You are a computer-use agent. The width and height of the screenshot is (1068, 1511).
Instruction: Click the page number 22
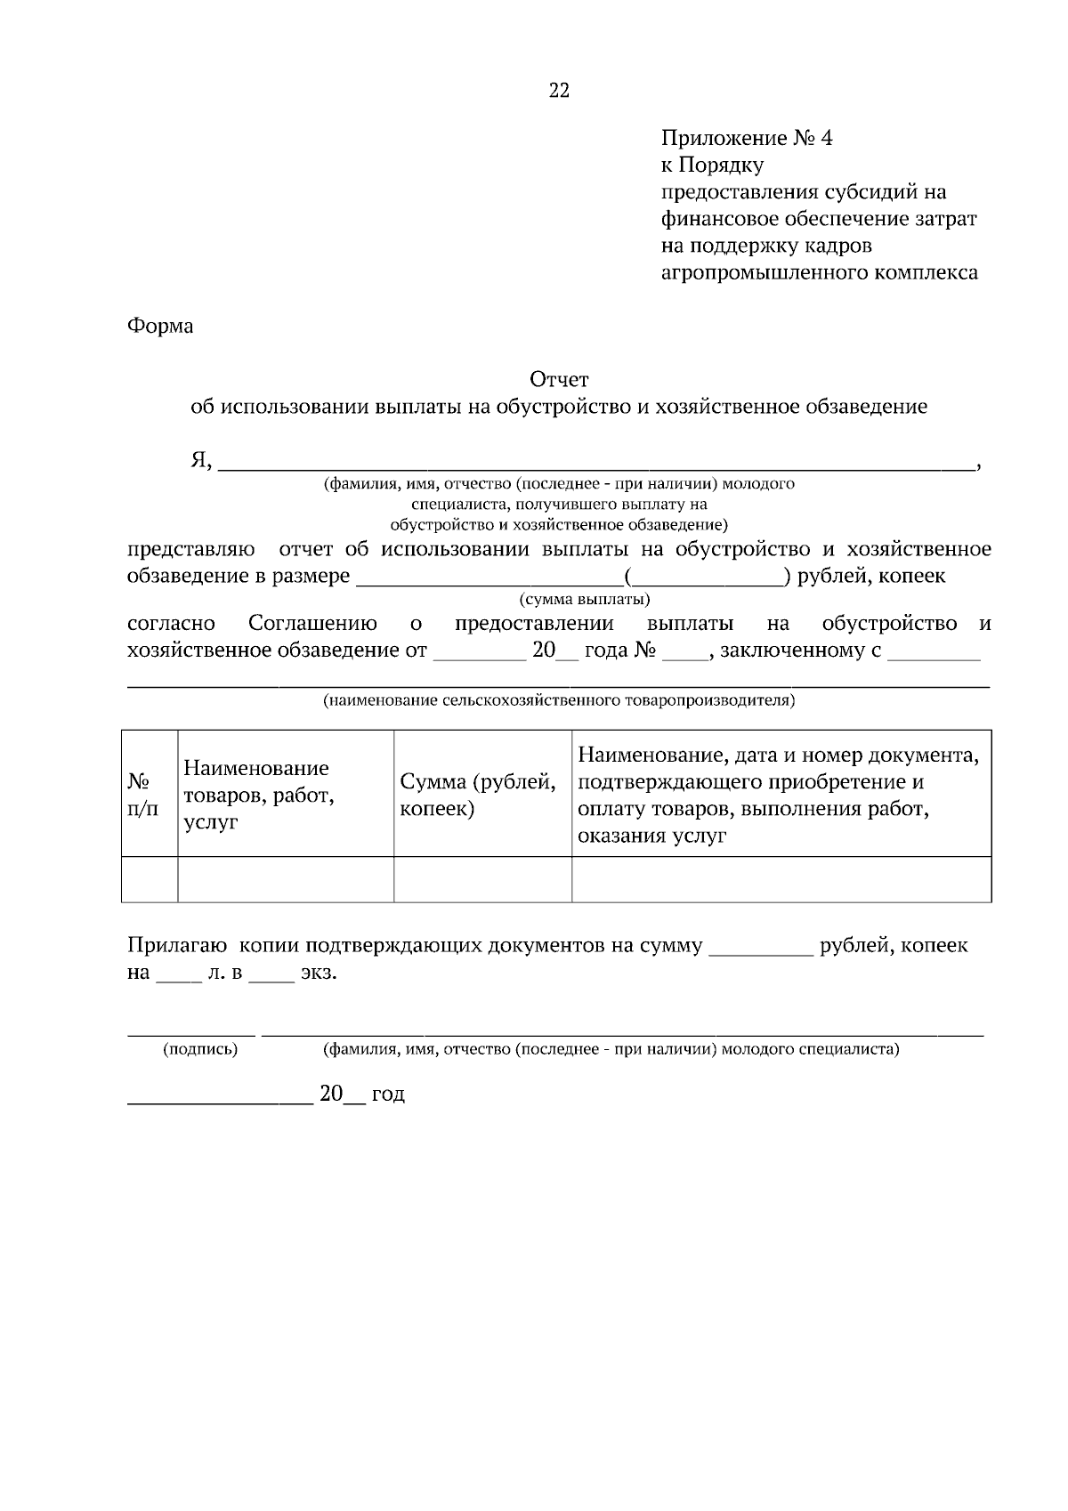click(x=559, y=90)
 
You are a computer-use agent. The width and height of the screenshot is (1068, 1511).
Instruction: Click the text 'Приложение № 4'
click(x=746, y=138)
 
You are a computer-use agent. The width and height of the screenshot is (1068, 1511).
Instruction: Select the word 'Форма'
click(x=160, y=326)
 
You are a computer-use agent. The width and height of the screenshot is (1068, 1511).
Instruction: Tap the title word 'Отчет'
click(x=559, y=380)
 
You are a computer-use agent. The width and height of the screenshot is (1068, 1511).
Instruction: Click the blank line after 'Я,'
click(x=596, y=463)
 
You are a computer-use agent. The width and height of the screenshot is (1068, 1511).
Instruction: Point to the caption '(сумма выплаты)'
click(x=584, y=599)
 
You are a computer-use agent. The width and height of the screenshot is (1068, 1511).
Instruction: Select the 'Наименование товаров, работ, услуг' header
click(x=258, y=795)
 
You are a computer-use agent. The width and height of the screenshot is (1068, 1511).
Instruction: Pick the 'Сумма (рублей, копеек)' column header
click(x=478, y=795)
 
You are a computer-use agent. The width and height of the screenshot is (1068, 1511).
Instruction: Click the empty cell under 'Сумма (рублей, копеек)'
click(x=482, y=879)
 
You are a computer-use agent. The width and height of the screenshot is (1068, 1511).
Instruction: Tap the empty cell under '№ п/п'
click(x=150, y=879)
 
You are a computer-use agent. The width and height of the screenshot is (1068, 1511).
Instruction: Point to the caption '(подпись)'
click(x=200, y=1049)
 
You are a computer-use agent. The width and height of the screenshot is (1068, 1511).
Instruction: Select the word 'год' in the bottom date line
click(x=388, y=1095)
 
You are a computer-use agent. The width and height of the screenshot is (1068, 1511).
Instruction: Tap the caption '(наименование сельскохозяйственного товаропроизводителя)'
click(x=559, y=700)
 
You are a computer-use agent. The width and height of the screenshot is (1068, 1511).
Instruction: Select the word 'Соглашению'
click(x=312, y=623)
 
